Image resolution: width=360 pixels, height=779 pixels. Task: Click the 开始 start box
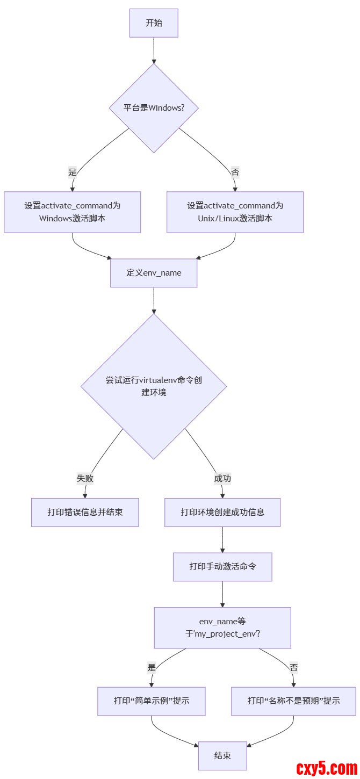click(x=154, y=23)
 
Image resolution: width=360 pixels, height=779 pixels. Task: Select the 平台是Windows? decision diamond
click(x=154, y=108)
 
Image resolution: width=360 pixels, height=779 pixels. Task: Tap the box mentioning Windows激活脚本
click(x=73, y=212)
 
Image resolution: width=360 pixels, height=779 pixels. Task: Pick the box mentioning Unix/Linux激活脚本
click(x=235, y=212)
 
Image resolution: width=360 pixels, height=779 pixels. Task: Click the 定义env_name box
click(x=154, y=272)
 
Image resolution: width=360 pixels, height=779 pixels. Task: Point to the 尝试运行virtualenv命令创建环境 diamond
click(x=154, y=386)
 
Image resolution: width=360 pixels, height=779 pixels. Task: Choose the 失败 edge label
click(x=85, y=478)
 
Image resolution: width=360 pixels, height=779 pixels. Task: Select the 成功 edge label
click(x=222, y=478)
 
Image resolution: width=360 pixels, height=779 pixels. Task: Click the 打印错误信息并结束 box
click(x=85, y=512)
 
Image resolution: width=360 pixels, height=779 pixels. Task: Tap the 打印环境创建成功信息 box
click(x=222, y=512)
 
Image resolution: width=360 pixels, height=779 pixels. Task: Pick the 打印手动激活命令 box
click(x=222, y=567)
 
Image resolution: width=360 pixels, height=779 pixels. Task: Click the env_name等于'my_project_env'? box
click(x=222, y=627)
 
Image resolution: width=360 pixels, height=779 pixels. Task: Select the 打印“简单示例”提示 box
click(x=152, y=701)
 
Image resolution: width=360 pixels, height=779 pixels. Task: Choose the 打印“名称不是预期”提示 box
click(x=293, y=701)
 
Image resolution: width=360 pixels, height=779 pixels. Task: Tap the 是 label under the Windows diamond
click(x=73, y=172)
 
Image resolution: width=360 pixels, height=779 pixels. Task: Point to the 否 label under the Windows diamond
click(x=235, y=172)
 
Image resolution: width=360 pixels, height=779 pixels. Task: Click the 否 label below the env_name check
click(x=293, y=667)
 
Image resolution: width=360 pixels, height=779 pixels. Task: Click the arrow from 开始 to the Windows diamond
click(x=154, y=51)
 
